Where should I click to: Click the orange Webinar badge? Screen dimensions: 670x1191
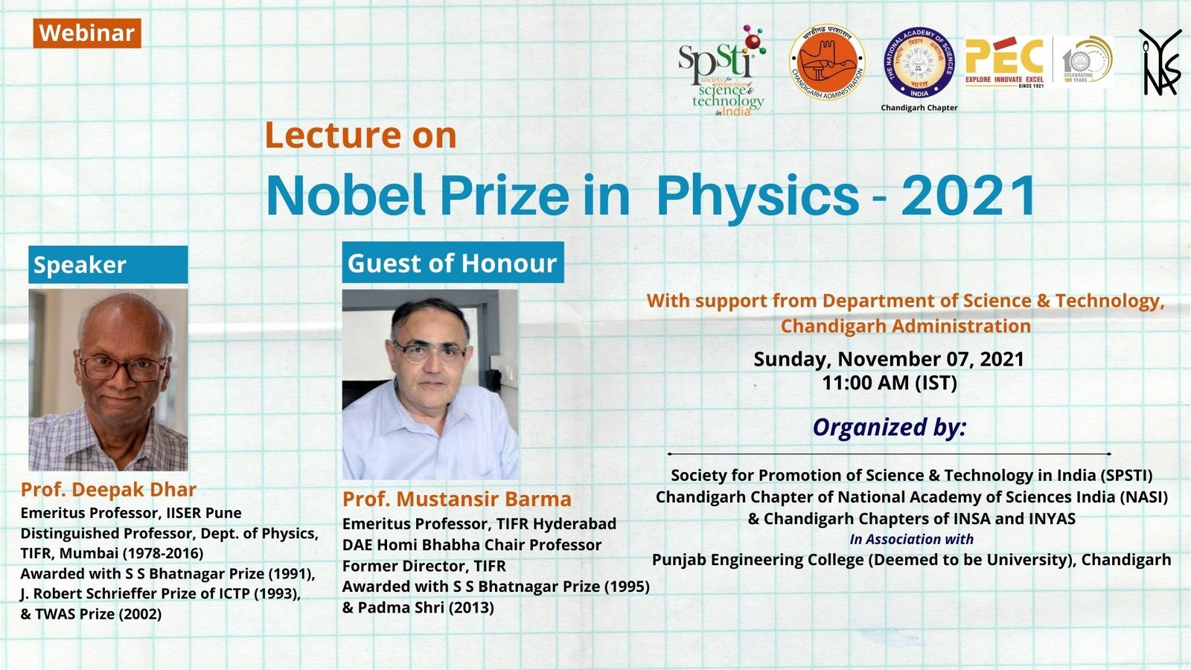tap(87, 33)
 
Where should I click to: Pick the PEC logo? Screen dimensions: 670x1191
tap(1006, 62)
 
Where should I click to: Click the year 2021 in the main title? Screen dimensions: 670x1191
tap(968, 196)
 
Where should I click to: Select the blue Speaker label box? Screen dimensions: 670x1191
tap(108, 265)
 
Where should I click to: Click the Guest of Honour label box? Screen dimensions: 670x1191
tap(453, 263)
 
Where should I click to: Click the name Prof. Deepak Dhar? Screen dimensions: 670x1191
tap(109, 489)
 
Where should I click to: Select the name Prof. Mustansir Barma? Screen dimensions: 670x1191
tap(457, 499)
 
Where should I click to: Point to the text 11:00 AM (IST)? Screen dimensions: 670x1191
tap(889, 383)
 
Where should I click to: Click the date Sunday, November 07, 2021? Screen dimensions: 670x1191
tap(889, 359)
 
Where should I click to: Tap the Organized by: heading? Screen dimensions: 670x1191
tap(889, 427)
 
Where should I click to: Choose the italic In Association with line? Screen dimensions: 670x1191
tap(911, 539)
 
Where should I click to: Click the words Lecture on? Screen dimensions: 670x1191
tap(361, 135)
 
